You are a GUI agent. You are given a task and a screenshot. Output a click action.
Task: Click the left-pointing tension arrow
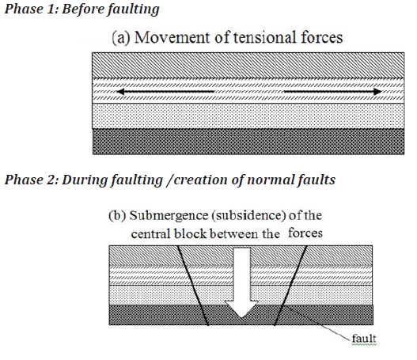point(165,92)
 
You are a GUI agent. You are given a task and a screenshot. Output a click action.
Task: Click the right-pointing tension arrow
point(333,92)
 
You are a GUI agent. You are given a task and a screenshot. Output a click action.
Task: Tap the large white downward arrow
point(241,282)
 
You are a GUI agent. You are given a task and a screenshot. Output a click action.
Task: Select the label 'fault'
point(364,339)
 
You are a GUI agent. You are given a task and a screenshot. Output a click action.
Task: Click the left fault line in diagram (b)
point(193,286)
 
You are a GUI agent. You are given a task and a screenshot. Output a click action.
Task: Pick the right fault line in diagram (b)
point(290,286)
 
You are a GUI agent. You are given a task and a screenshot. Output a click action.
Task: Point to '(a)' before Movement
point(121,38)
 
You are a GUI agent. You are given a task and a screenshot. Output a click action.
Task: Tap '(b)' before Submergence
point(117,215)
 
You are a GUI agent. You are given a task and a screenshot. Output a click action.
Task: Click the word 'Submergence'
point(169,216)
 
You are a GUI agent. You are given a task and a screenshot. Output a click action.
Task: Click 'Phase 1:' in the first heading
point(32,9)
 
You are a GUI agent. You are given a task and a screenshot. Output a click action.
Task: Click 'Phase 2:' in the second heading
point(32,180)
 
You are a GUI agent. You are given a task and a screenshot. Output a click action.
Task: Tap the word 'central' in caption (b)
point(151,234)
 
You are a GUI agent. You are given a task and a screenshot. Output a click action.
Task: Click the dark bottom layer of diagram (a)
point(248,142)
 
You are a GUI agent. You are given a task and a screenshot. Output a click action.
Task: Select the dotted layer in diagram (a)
point(248,116)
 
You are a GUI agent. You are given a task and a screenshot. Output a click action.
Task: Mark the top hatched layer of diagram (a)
point(248,65)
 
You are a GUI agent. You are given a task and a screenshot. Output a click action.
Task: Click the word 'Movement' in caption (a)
point(172,37)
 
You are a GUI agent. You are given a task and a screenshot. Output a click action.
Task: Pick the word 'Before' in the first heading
point(83,9)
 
